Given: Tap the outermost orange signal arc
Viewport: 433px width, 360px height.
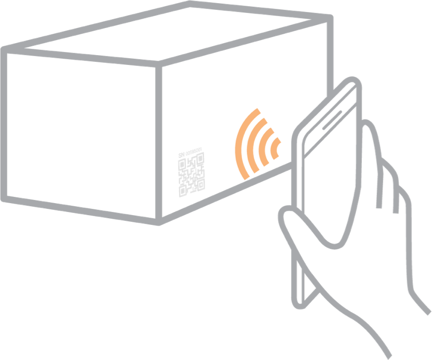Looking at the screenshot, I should [240, 140].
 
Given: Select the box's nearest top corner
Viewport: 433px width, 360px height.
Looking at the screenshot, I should [159, 64].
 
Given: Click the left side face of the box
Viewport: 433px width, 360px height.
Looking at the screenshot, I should [80, 132].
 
